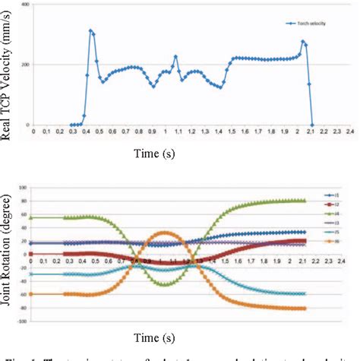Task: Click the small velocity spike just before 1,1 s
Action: click(x=175, y=56)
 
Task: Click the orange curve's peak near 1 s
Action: click(x=168, y=233)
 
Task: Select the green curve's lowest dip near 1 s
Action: click(x=168, y=283)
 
